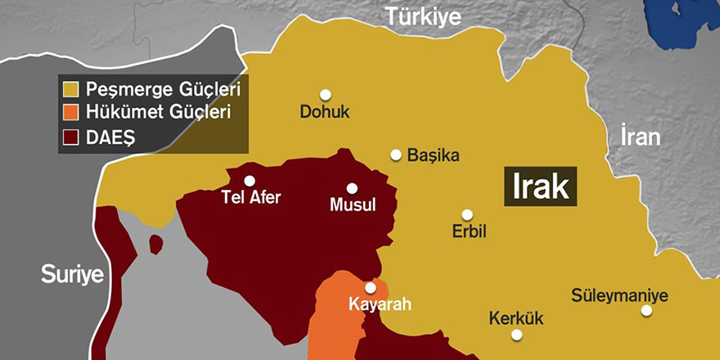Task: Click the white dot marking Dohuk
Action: coord(325,94)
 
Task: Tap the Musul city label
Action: coord(352,205)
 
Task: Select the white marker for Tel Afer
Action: coord(250,181)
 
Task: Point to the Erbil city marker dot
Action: coord(466,214)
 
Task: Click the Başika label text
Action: coord(434,155)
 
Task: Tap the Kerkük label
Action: coord(515,318)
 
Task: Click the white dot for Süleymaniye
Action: coord(646,310)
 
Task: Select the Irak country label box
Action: coord(540,187)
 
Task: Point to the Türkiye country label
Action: coord(424,16)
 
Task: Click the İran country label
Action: coord(640,137)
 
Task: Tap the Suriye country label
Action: coord(73,274)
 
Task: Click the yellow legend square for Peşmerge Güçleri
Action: coord(72,87)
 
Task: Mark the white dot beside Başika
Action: coord(396,155)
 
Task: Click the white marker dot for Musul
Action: coord(352,187)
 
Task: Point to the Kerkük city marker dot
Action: coord(516,334)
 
